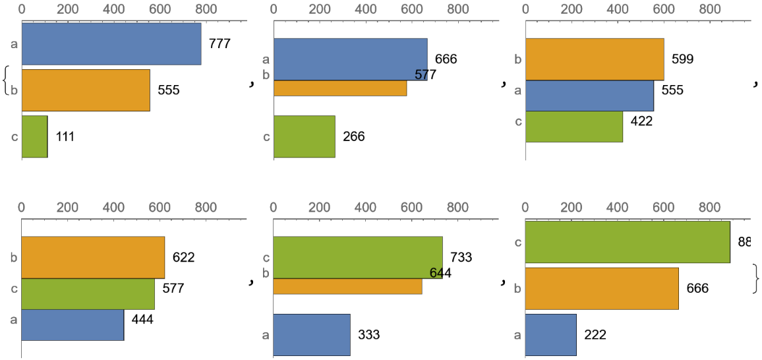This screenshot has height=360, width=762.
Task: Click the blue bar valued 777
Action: pos(111,44)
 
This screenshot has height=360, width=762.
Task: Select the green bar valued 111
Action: pos(34,136)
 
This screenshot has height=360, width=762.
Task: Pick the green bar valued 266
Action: pos(304,136)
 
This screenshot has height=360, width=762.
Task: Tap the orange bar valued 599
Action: pos(594,59)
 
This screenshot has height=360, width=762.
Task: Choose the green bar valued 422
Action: pos(573,126)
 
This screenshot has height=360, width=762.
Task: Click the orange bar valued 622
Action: pos(93,257)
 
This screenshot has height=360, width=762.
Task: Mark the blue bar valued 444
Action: pos(73,324)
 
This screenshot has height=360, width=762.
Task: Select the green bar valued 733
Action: pos(357,257)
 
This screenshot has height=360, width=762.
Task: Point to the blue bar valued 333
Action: pos(311,334)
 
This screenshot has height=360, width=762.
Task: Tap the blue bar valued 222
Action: pos(550,334)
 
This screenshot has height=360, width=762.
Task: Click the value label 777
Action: pos(220,44)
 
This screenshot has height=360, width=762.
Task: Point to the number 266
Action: pos(353,136)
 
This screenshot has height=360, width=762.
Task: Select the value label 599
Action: pos(683,59)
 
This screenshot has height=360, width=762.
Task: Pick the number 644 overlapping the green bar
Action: pos(440,272)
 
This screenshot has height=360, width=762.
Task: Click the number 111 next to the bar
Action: pos(65,136)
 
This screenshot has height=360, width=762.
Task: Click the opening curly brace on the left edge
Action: pos(7,81)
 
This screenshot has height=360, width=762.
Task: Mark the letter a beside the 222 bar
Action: pos(518,334)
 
